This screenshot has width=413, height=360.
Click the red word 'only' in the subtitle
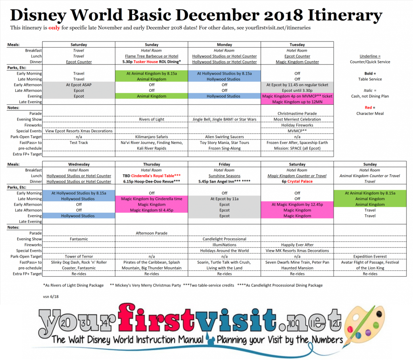54,28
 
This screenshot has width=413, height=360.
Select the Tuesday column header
297,44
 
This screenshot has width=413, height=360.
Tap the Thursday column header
152,164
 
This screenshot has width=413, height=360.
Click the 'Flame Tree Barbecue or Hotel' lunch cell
152,56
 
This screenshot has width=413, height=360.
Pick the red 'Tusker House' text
146,62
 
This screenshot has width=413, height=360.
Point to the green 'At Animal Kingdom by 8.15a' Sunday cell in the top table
152,73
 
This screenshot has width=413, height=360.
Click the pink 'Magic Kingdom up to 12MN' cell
297,102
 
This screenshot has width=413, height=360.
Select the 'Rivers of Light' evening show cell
152,119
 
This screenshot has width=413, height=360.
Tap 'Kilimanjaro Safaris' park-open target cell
152,137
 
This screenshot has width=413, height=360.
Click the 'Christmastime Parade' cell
297,114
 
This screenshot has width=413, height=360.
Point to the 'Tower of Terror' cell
79,256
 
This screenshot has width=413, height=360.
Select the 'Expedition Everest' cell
370,256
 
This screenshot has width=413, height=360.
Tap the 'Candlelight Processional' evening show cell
224,239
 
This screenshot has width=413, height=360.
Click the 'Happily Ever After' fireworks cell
297,245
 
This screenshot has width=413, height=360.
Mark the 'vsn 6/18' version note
51,297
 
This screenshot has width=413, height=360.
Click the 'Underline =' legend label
370,56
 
